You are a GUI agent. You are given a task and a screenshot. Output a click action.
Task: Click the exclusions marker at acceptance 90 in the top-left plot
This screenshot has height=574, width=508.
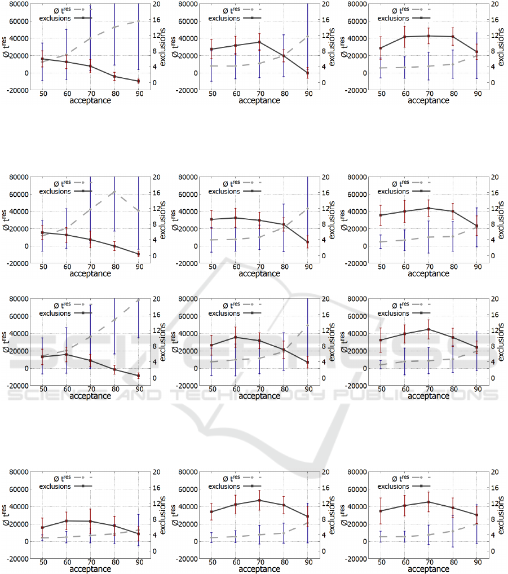click(139, 81)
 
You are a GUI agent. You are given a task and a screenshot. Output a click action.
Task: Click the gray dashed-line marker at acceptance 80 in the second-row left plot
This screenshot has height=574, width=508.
click(114, 192)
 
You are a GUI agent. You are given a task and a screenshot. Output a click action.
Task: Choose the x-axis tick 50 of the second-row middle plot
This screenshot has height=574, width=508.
click(211, 265)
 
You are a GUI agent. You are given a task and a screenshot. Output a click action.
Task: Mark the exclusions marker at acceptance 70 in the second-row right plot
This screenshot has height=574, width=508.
click(429, 208)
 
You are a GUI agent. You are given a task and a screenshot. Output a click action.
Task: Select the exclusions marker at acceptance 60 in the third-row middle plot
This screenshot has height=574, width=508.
click(236, 337)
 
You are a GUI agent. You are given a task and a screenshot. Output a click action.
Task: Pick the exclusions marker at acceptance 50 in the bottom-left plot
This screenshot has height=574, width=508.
click(42, 528)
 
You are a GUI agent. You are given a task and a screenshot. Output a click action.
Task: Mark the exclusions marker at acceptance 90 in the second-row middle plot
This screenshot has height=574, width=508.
click(308, 242)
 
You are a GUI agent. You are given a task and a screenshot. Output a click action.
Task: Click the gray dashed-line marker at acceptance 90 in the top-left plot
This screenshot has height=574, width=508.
click(139, 21)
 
